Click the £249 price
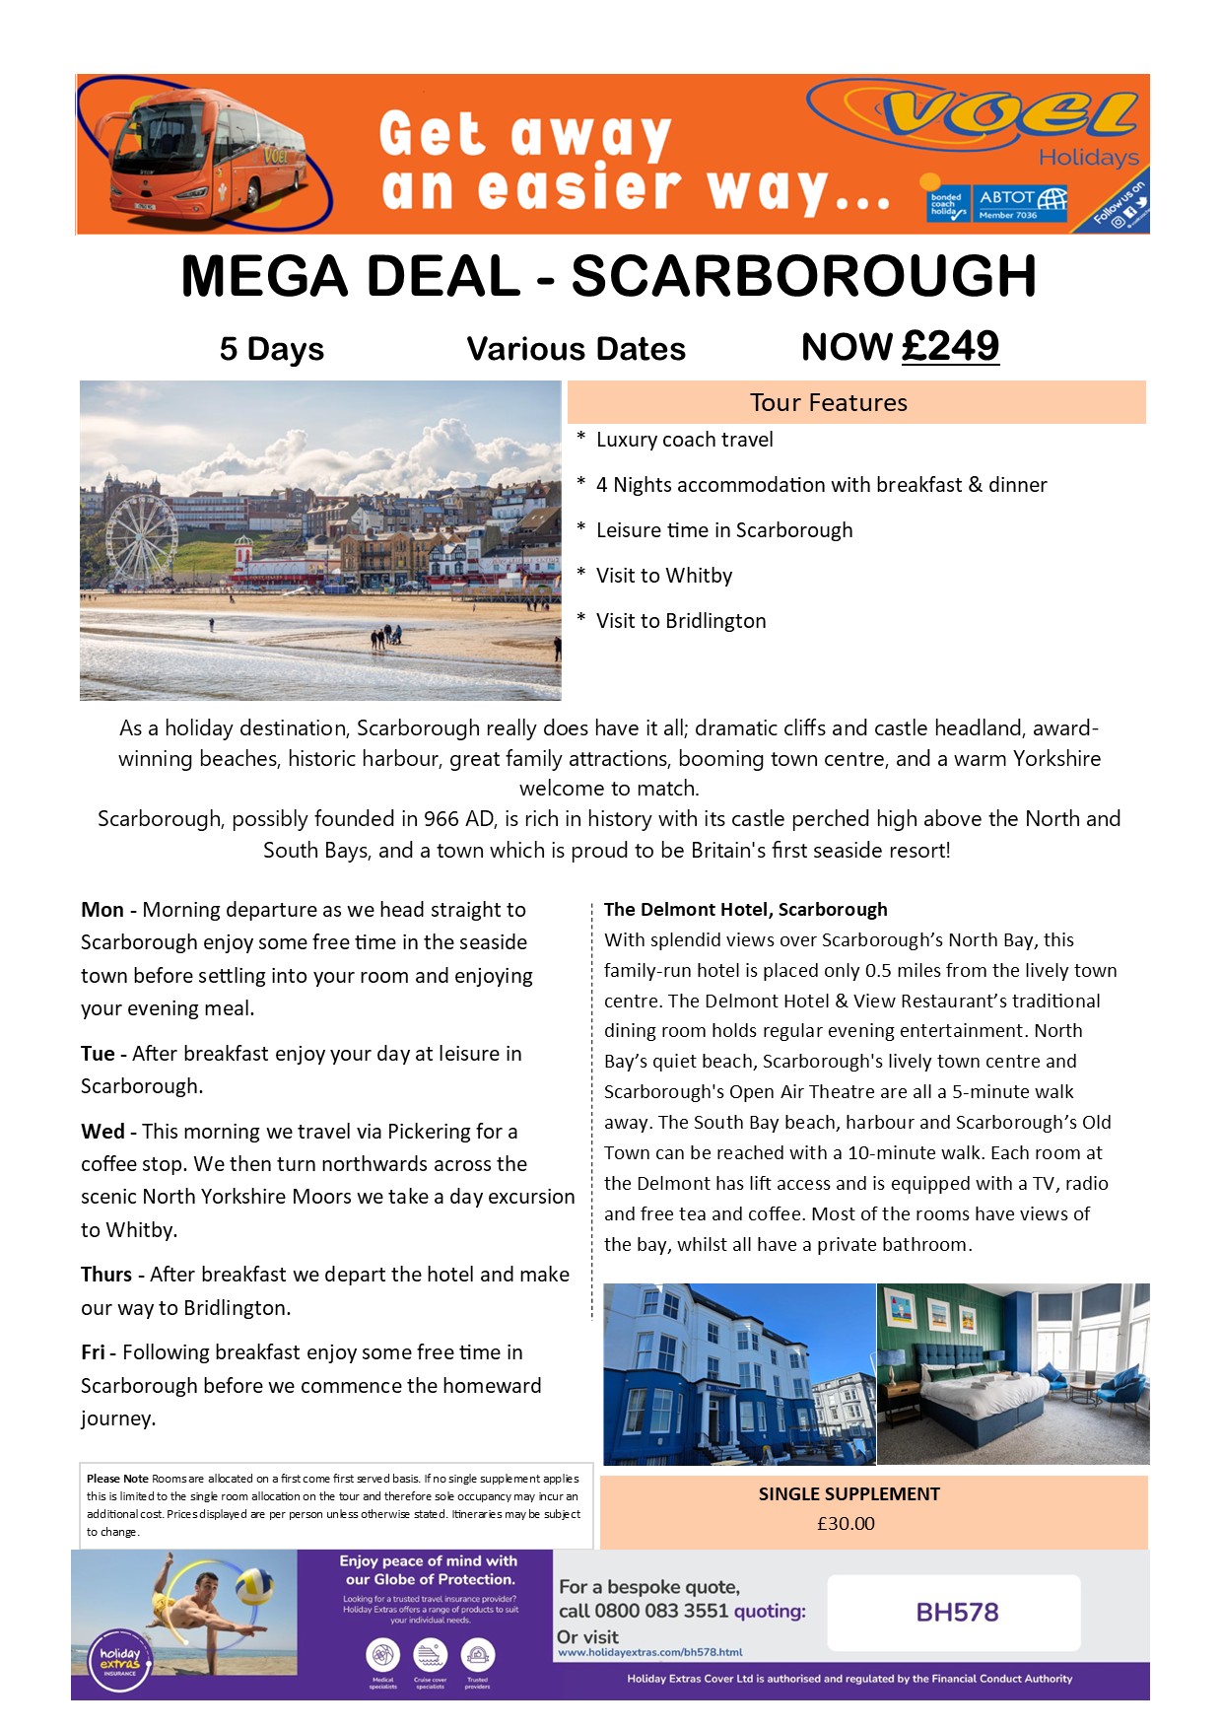pyautogui.click(x=950, y=346)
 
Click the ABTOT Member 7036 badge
pyautogui.click(x=1022, y=203)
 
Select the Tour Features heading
pyautogui.click(x=828, y=402)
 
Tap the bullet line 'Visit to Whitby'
pyautogui.click(x=663, y=576)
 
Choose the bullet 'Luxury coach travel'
pyautogui.click(x=684, y=440)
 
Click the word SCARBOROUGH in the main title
pyautogui.click(x=803, y=276)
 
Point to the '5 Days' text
pyautogui.click(x=271, y=349)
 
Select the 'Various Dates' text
pyautogui.click(x=576, y=349)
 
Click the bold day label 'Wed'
pyautogui.click(x=102, y=1132)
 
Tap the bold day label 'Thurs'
pyautogui.click(x=106, y=1275)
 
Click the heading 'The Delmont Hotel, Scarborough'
pyautogui.click(x=745, y=909)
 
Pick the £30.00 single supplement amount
pyautogui.click(x=846, y=1523)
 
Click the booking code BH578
pyautogui.click(x=957, y=1612)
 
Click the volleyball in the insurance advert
pyautogui.click(x=253, y=1584)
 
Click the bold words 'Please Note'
pyautogui.click(x=117, y=1479)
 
